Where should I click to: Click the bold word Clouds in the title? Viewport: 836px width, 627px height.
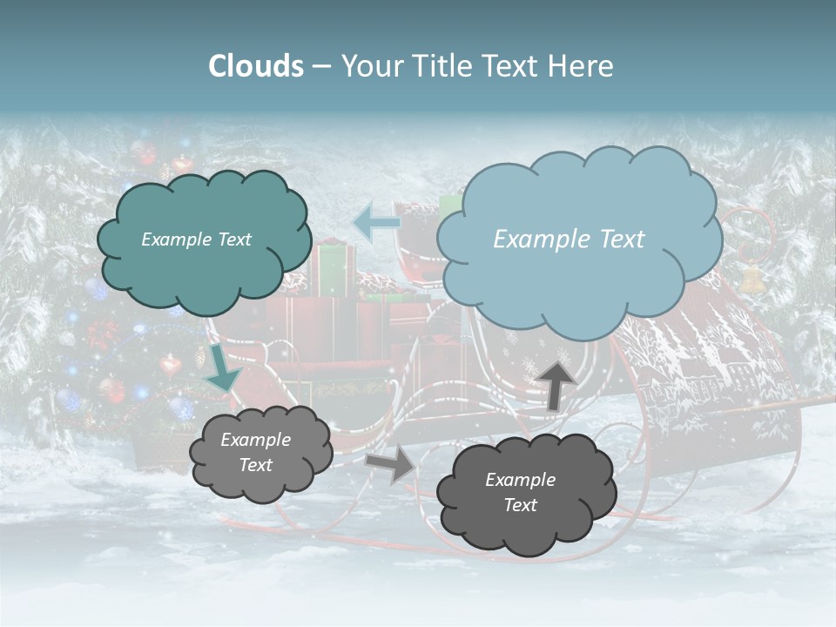click(x=256, y=66)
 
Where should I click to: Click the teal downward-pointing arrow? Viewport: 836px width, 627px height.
click(x=222, y=370)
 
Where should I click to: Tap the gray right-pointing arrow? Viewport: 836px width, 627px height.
click(x=391, y=464)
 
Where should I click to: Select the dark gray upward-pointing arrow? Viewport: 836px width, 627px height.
click(x=557, y=384)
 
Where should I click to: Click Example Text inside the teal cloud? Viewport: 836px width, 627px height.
click(x=196, y=239)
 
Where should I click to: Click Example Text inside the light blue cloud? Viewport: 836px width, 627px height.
click(x=569, y=239)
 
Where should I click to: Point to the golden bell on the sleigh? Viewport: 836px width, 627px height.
click(x=751, y=279)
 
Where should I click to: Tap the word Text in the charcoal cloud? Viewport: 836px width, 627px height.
click(x=520, y=506)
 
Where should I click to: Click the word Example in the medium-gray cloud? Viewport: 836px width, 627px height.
click(x=255, y=440)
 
